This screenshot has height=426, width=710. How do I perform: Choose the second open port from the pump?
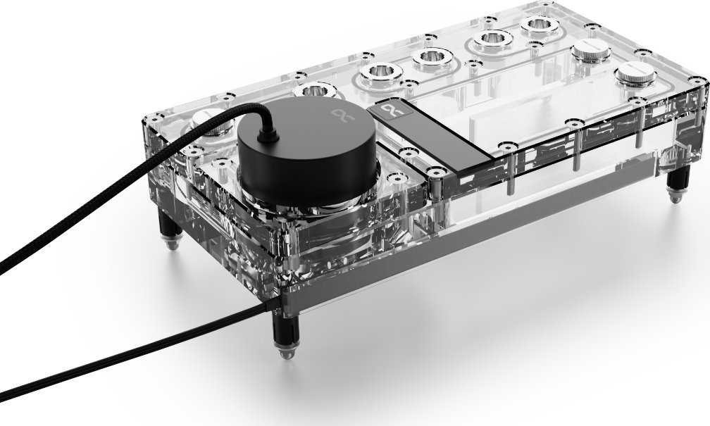[x=378, y=73]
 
